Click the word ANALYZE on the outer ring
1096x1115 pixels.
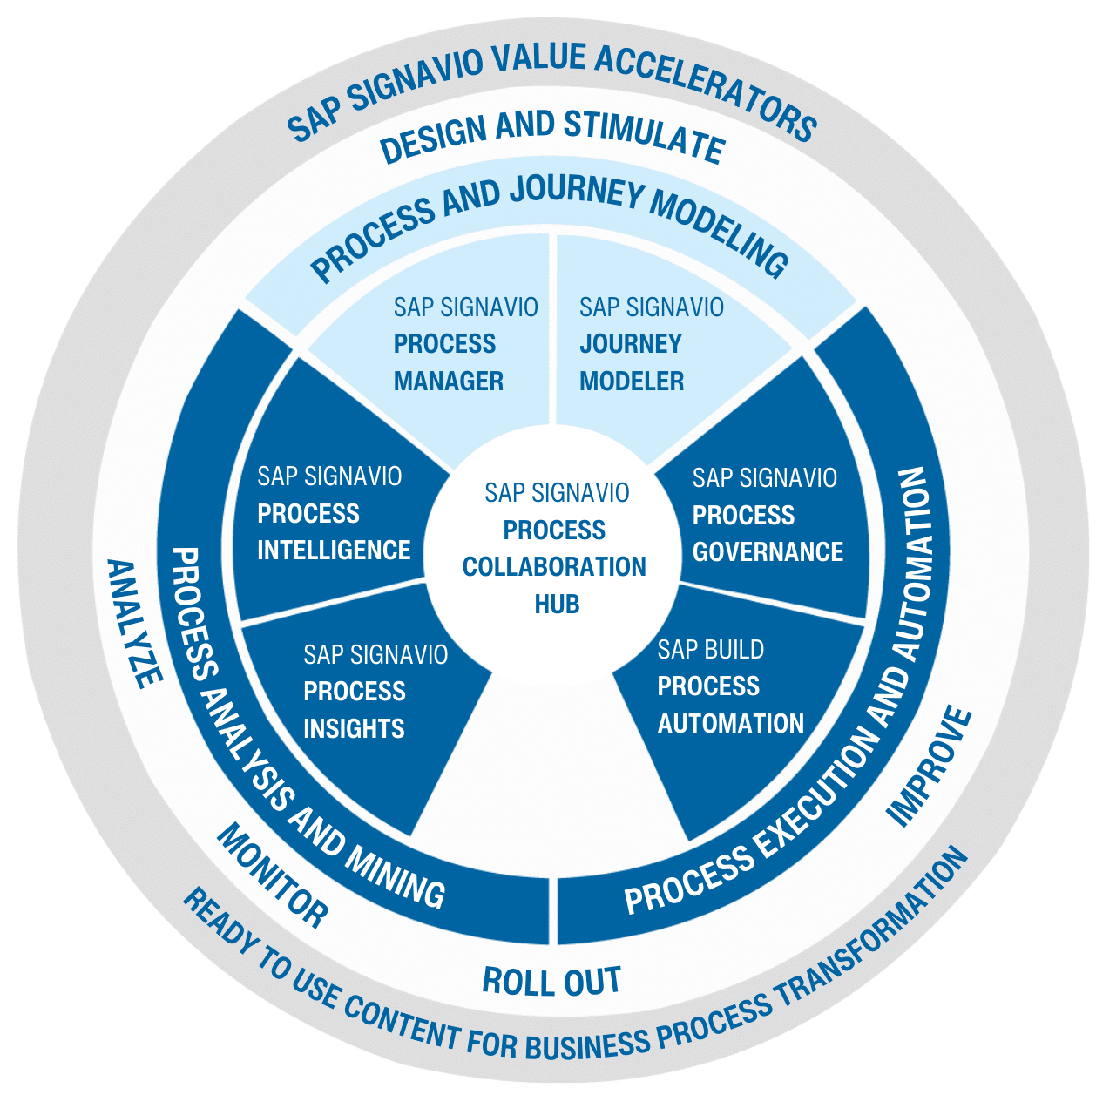(134, 623)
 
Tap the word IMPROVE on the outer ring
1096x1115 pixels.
(930, 767)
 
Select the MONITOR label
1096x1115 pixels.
(272, 875)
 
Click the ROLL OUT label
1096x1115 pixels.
(551, 982)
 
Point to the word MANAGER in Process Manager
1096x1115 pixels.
(449, 382)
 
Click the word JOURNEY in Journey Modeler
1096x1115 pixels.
(631, 344)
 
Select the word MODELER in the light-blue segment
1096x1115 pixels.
(632, 382)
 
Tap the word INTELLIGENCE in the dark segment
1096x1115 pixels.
(334, 551)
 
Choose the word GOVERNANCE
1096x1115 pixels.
(768, 552)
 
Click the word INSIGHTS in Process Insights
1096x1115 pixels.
(354, 728)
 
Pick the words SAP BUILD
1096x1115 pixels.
(711, 650)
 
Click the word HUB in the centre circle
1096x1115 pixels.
(557, 604)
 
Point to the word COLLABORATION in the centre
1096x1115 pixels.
(554, 567)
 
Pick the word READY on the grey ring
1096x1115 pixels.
(217, 924)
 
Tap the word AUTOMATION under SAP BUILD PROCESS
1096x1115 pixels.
(730, 724)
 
